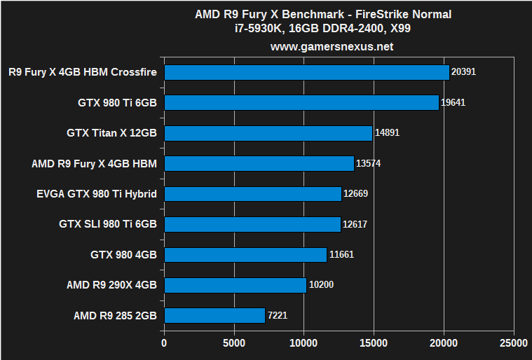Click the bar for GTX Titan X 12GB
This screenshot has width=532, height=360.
(x=268, y=133)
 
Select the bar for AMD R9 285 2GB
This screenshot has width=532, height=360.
(x=214, y=315)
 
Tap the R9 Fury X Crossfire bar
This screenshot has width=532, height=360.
(x=306, y=72)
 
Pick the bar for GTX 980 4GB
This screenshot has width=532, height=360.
(x=245, y=254)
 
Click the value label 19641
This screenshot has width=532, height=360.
(x=453, y=102)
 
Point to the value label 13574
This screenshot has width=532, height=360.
(x=369, y=164)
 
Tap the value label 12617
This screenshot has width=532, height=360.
(x=355, y=224)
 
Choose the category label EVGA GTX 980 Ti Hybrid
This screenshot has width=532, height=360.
(x=96, y=194)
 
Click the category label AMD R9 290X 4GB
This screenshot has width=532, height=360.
(x=111, y=285)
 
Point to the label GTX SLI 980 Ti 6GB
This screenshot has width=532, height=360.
(x=108, y=224)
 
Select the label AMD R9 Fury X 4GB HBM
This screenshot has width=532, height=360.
(x=94, y=164)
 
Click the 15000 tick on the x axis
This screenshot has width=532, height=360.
(x=374, y=344)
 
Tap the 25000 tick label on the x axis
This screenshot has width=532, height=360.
(x=514, y=344)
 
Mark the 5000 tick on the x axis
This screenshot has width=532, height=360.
(x=233, y=344)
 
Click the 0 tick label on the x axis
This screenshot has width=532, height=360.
(x=164, y=344)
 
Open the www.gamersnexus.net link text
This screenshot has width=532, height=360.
(x=332, y=47)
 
